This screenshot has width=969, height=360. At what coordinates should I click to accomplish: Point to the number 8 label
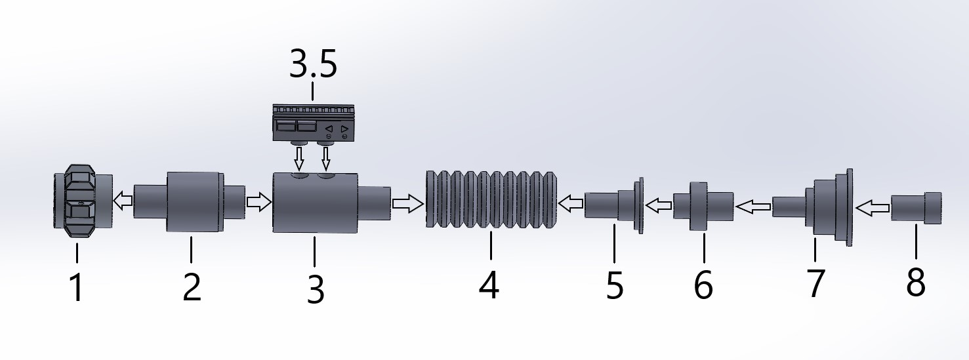(x=915, y=282)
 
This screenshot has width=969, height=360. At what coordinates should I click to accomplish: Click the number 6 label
(x=703, y=285)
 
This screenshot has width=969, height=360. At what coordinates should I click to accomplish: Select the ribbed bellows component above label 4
(x=491, y=199)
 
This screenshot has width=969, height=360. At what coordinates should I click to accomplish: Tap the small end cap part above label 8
(x=916, y=208)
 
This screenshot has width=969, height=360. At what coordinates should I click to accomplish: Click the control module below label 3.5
(x=314, y=124)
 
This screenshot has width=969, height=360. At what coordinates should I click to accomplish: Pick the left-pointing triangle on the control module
(x=329, y=129)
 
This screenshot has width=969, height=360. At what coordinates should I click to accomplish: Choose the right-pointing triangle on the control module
(x=344, y=129)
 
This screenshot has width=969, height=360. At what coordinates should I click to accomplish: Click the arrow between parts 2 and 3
(x=258, y=202)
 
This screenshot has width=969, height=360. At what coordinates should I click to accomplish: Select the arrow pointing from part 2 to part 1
(x=123, y=201)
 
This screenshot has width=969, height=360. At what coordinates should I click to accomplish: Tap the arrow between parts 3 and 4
(x=407, y=203)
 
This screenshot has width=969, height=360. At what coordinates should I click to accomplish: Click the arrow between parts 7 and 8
(x=873, y=209)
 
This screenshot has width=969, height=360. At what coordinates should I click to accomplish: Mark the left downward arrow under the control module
(x=299, y=158)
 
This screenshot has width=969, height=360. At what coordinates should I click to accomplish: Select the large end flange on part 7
(x=849, y=207)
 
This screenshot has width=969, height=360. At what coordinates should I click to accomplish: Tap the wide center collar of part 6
(x=698, y=207)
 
